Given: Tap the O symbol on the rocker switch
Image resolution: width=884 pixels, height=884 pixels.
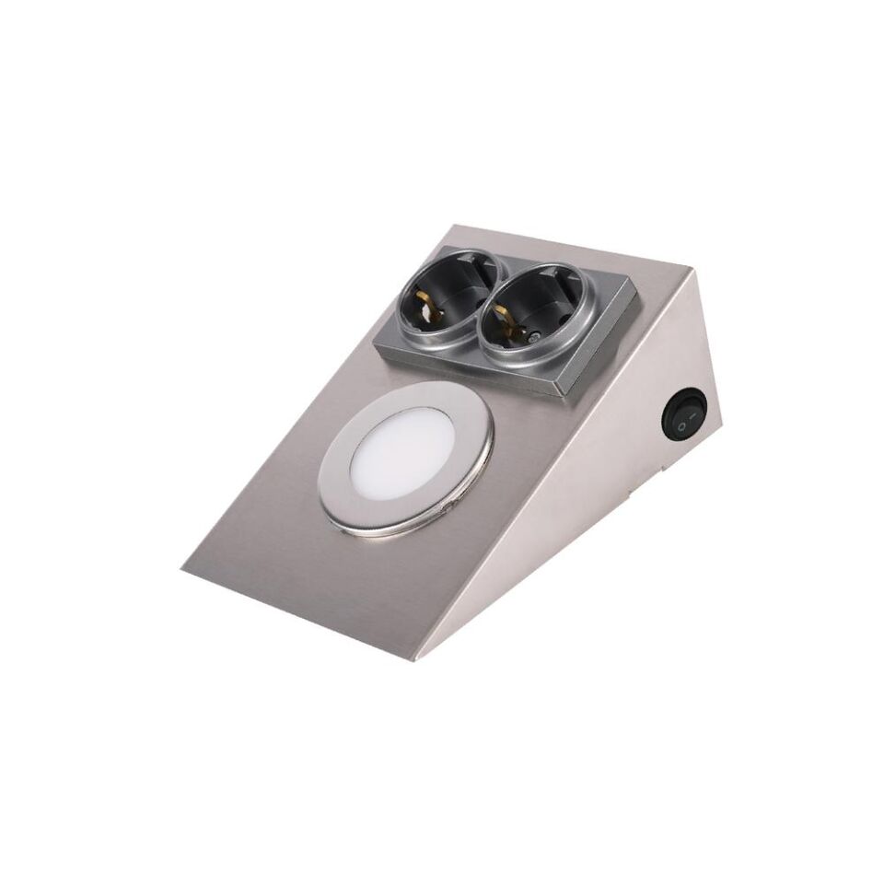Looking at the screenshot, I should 682,425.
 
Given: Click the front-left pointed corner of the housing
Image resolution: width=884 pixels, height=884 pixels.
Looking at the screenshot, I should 183,569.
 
